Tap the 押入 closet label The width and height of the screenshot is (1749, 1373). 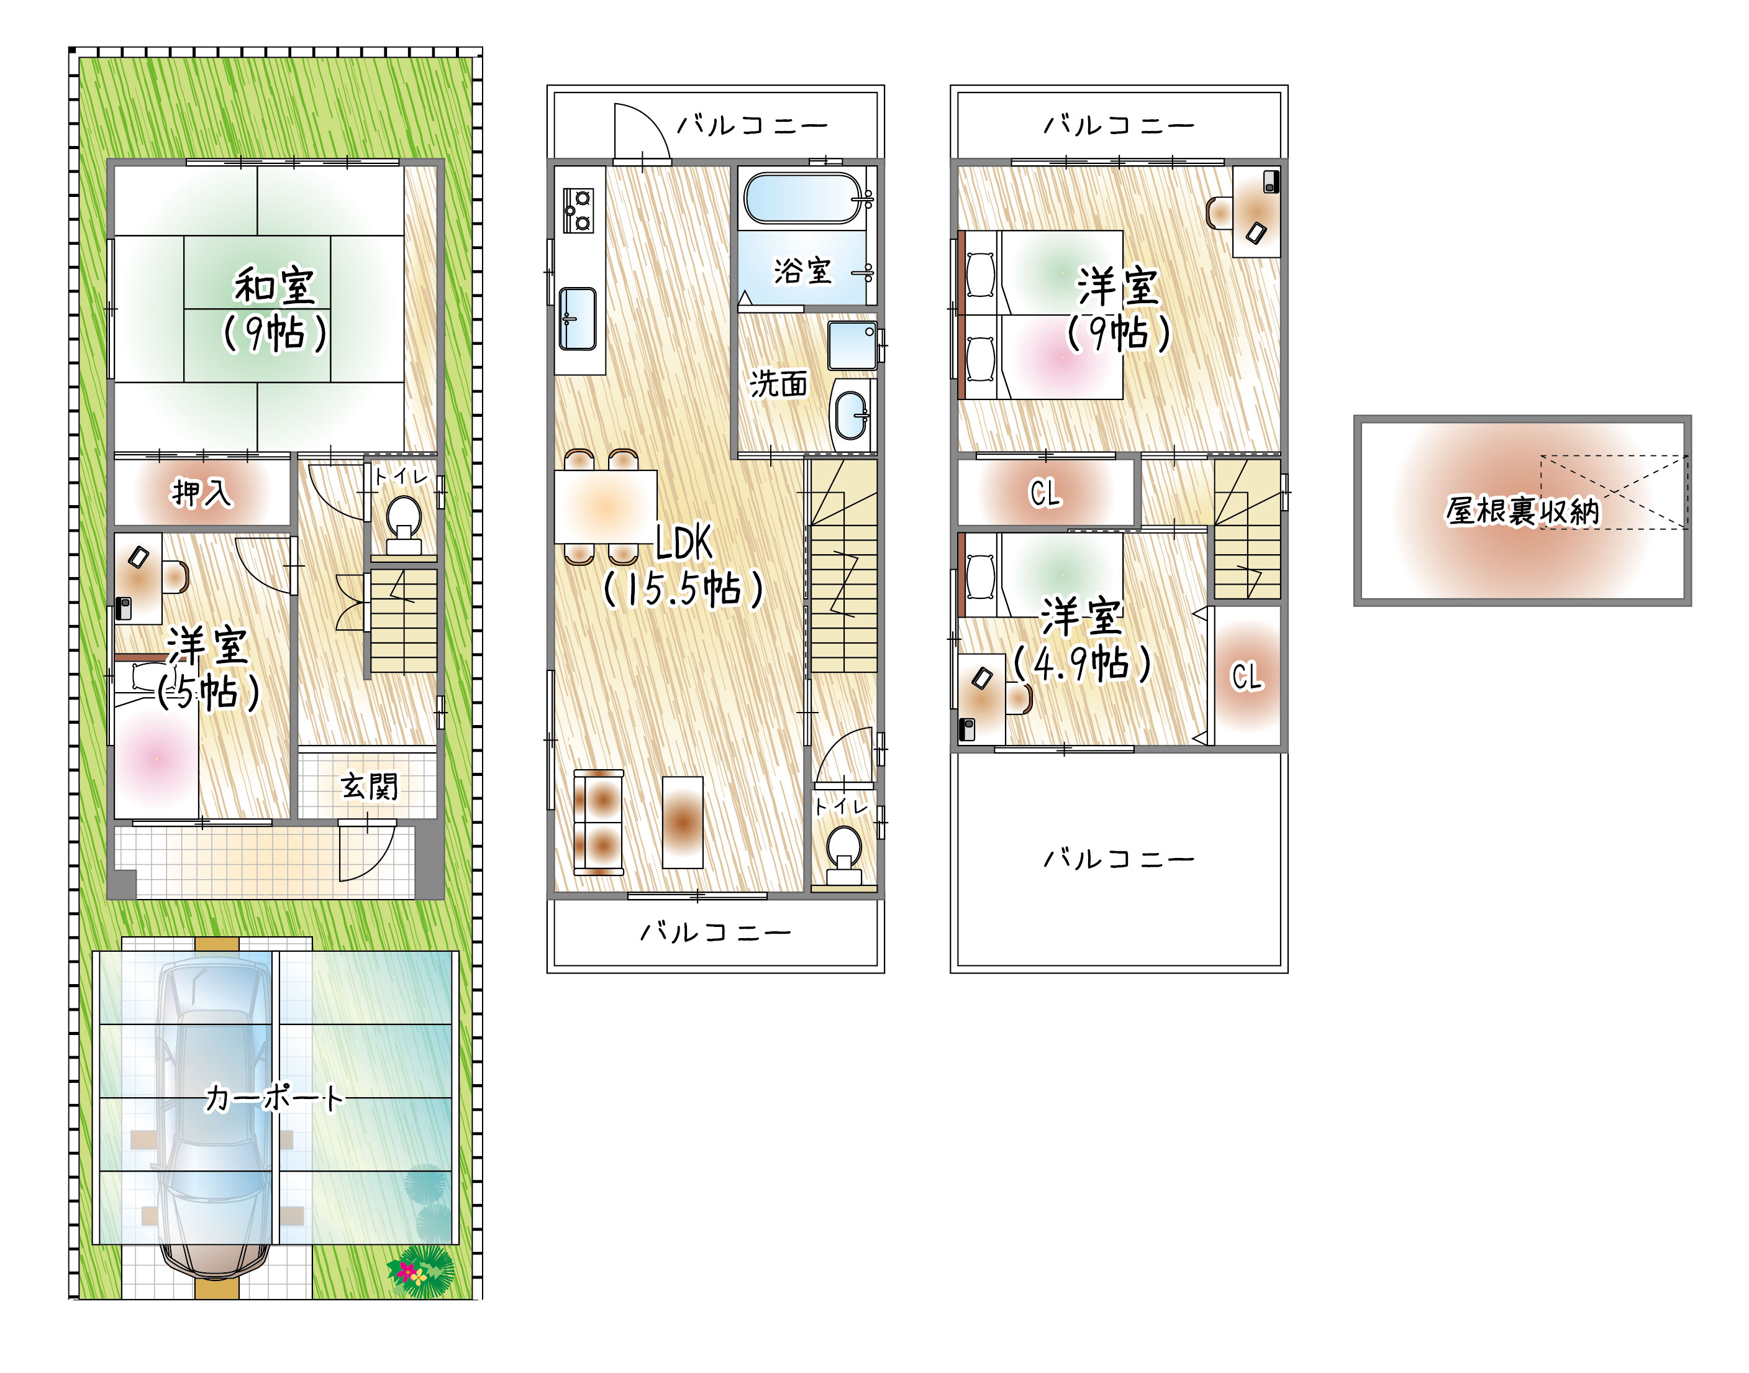(x=202, y=493)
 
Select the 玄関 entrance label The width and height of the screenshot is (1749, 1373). (x=369, y=785)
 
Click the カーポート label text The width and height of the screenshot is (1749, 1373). (x=274, y=1097)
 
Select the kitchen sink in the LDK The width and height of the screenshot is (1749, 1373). (x=577, y=319)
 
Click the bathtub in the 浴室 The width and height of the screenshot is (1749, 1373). (x=803, y=198)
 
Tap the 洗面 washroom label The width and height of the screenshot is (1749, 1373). (x=778, y=383)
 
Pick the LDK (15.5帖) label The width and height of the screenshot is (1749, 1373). (x=683, y=566)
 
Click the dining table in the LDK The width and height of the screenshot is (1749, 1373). (x=605, y=507)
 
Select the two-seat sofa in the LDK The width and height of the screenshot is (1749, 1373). (x=599, y=821)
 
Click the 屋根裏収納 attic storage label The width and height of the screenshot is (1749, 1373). (x=1522, y=511)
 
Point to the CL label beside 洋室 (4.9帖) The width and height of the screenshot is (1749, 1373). (x=1247, y=676)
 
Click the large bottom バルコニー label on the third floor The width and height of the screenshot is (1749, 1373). (x=1118, y=859)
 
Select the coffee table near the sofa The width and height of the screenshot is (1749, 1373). (x=683, y=821)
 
